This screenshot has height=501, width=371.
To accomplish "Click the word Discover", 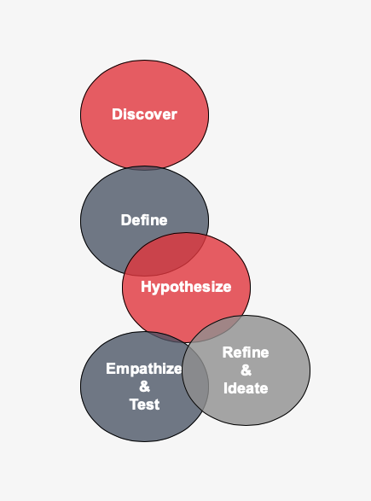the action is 144,114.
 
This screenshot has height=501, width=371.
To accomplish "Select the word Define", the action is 144,220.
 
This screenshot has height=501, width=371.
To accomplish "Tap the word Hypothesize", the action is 186,287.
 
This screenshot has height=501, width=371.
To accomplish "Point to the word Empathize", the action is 144,369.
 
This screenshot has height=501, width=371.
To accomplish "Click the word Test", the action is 144,405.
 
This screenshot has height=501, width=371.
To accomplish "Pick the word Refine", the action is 246,352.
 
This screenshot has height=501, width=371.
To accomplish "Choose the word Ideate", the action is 246,388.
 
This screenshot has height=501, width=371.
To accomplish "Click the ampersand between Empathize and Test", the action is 144,387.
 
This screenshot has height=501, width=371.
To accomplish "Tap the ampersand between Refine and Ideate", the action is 246,370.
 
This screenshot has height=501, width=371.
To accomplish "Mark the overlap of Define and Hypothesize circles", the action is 166,255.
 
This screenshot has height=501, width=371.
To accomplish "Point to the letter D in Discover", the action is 117,114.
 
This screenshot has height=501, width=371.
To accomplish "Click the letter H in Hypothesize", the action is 146,287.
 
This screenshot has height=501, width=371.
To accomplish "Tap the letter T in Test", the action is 134,405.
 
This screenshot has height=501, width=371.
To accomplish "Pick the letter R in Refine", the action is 228,352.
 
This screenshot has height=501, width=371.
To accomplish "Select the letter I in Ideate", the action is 225,388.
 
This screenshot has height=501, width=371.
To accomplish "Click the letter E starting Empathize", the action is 111,369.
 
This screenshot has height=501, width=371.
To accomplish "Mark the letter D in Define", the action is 125,220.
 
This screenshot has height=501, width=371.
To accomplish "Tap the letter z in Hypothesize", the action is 218,288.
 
